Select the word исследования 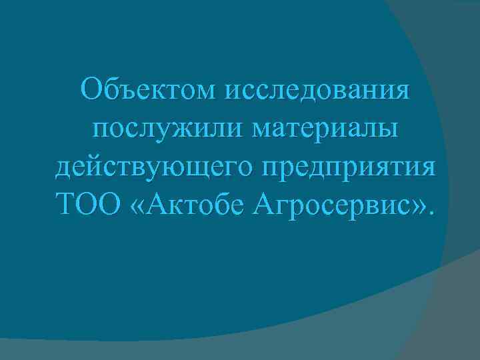tap(319, 91)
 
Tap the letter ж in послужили tap(170, 129)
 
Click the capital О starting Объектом tap(91, 89)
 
